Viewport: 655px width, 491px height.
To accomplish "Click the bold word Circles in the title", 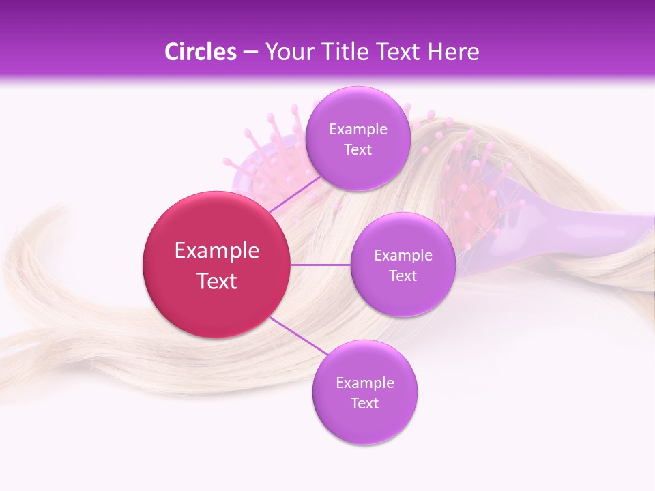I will click(201, 52).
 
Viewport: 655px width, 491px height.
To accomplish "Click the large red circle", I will click(217, 265).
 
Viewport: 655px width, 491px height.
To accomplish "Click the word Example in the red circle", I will click(217, 251).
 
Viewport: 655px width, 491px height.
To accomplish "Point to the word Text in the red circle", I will click(217, 281).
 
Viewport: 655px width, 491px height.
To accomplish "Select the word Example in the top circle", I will click(358, 130).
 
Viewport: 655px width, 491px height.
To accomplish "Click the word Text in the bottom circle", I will click(365, 404).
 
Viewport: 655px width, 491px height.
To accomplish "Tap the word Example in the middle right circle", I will click(403, 256).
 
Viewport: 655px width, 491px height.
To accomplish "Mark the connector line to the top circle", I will click(295, 194).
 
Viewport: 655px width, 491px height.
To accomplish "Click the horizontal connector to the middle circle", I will click(321, 265).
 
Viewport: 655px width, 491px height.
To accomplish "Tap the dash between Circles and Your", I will click(250, 53).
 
